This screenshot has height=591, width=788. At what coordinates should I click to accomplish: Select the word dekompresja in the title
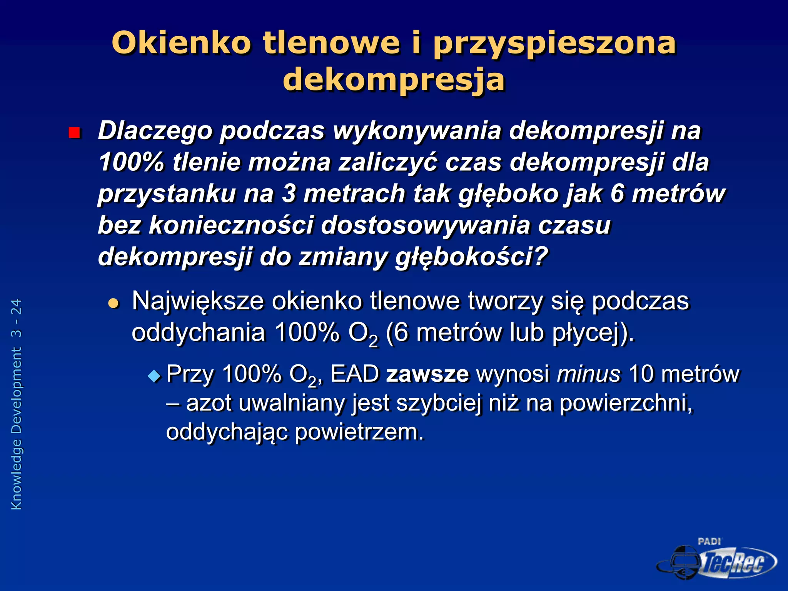[x=394, y=80]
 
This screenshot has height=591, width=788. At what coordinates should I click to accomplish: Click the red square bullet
[x=74, y=133]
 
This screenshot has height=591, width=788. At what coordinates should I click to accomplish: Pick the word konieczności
[x=230, y=225]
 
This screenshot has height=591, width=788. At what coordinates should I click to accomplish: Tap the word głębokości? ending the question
[x=471, y=257]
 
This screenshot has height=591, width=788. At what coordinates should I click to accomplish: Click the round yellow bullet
[x=114, y=304]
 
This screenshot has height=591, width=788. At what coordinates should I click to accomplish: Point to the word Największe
[x=198, y=302]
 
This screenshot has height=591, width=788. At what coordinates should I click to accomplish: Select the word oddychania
[x=199, y=332]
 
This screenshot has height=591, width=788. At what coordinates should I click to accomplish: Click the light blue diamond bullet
[x=155, y=376]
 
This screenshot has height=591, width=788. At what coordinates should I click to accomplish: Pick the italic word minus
[x=589, y=374]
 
